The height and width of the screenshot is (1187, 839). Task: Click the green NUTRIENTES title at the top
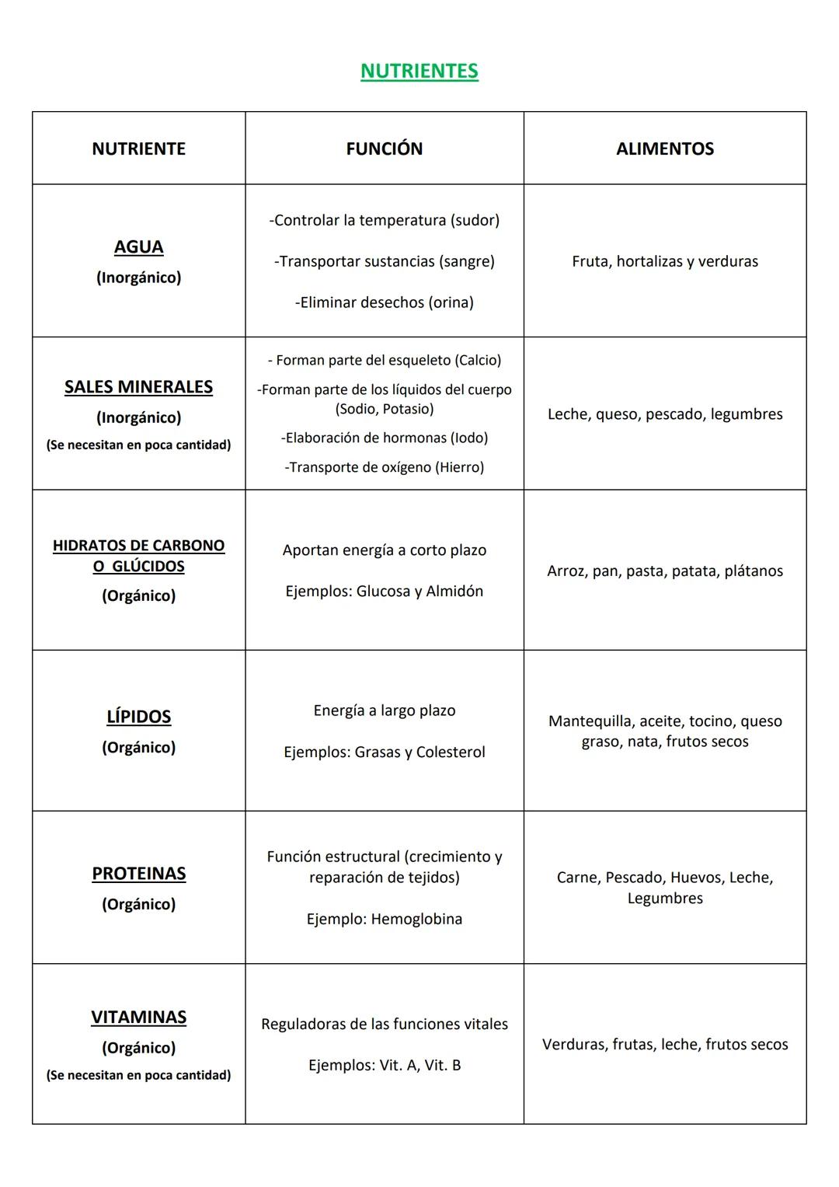(x=419, y=71)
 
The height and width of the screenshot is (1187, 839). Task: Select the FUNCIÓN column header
(x=384, y=148)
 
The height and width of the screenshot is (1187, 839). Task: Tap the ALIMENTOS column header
(x=664, y=148)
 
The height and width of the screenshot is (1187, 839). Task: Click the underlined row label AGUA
(x=138, y=247)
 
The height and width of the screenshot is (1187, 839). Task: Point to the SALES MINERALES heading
(x=138, y=387)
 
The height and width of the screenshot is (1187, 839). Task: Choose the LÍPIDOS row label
(x=138, y=717)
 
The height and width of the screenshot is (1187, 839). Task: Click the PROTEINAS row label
(x=138, y=874)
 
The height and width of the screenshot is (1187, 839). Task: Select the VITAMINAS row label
(x=138, y=1018)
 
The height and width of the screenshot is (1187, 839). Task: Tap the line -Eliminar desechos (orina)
(x=384, y=302)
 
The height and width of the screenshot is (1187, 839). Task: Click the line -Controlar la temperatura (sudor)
(x=384, y=220)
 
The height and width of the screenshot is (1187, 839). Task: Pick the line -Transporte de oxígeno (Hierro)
(x=384, y=467)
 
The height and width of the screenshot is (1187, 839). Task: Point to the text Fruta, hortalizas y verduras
(x=664, y=261)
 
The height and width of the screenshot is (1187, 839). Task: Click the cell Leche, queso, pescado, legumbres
(x=664, y=414)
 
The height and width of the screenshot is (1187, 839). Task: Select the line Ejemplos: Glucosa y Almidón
(x=384, y=592)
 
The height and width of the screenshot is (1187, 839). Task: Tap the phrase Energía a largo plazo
(x=384, y=710)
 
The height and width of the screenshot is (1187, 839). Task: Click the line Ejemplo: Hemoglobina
(x=384, y=919)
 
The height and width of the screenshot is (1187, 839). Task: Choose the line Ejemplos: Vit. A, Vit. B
(x=384, y=1065)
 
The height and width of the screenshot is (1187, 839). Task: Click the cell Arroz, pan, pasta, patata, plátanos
(x=664, y=571)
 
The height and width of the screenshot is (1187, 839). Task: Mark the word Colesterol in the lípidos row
(x=451, y=752)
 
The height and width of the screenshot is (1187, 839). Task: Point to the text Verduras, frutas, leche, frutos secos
(x=664, y=1045)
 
